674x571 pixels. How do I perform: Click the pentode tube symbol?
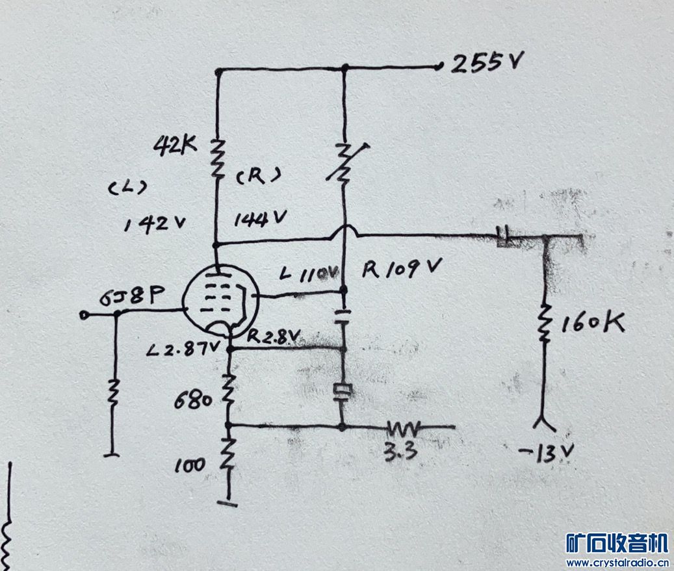pos(221,300)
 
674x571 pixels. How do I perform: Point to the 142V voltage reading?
pos(155,224)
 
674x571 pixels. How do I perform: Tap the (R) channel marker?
pos(257,175)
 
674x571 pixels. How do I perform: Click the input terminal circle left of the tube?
pos(83,315)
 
